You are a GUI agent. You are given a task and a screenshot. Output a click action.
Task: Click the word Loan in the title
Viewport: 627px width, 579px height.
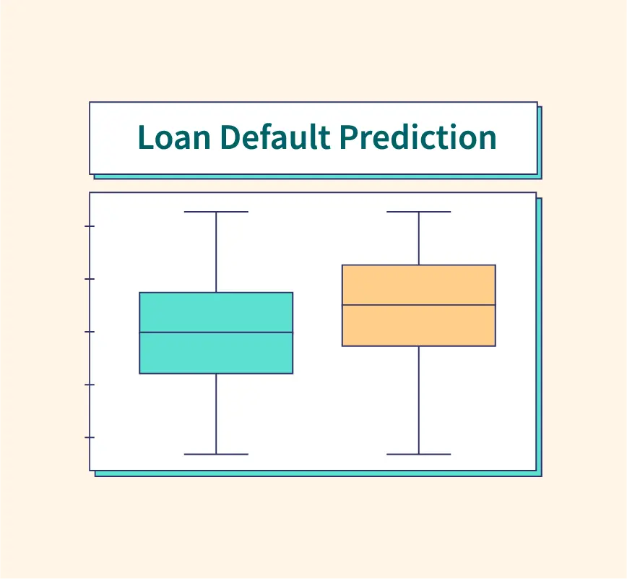[174, 137]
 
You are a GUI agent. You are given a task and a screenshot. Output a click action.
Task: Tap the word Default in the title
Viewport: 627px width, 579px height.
[275, 137]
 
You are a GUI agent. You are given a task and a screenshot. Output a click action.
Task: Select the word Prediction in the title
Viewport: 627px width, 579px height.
[418, 137]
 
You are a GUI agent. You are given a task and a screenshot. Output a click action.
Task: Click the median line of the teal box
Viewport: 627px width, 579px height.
[216, 332]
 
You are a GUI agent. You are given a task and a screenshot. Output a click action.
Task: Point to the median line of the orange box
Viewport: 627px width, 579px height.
[419, 305]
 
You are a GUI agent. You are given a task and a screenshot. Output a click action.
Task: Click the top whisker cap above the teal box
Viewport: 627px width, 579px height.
[216, 212]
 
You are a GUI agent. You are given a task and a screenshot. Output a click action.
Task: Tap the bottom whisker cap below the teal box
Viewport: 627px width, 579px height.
[216, 454]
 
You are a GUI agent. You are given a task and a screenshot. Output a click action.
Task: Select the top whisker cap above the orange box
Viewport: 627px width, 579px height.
[419, 212]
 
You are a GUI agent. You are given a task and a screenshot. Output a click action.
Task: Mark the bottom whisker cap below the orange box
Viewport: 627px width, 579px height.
[419, 454]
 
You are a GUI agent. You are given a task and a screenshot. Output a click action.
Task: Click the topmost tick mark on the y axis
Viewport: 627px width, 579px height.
[90, 226]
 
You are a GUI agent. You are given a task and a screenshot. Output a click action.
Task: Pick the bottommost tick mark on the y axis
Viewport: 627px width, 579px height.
[90, 437]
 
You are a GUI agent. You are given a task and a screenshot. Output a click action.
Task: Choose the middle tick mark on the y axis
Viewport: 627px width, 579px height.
[90, 332]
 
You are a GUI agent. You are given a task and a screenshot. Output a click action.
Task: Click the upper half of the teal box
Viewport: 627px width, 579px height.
[216, 312]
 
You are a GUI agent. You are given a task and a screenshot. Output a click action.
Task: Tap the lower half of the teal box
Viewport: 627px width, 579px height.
[216, 353]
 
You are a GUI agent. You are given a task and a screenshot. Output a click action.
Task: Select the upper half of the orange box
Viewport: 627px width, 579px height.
[419, 285]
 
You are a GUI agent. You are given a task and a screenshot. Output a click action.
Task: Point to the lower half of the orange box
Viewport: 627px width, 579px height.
[419, 325]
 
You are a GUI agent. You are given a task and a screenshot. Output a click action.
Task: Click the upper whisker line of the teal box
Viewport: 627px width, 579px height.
[216, 252]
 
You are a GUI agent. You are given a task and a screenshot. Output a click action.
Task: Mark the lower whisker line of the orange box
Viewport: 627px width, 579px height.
[419, 400]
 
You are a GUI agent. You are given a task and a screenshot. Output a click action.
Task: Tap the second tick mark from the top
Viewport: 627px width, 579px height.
[90, 279]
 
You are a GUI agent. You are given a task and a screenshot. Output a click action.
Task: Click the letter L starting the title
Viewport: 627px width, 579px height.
[145, 137]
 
